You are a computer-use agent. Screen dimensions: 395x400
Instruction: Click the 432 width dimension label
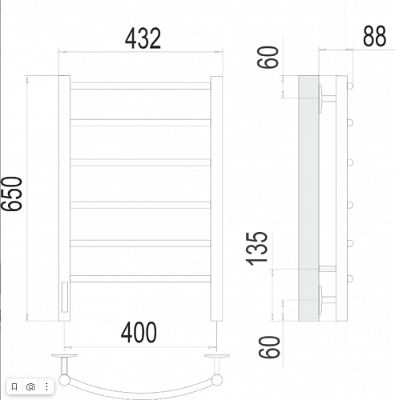pos(143,38)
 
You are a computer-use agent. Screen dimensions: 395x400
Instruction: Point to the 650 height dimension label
pos(12,194)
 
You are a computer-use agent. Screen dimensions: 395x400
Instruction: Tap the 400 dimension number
pos(139,332)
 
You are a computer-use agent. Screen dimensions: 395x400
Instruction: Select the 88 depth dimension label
pos(374,36)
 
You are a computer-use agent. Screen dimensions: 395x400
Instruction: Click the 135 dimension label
pos(256,249)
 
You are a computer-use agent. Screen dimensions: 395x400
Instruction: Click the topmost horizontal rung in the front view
pos(140,86)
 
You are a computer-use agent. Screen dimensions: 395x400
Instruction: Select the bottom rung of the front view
pos(140,278)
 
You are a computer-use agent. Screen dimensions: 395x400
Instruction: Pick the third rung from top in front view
pos(140,162)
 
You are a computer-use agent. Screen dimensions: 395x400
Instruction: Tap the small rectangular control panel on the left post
pos(65,297)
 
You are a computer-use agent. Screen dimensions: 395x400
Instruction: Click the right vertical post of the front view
pos(216,198)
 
